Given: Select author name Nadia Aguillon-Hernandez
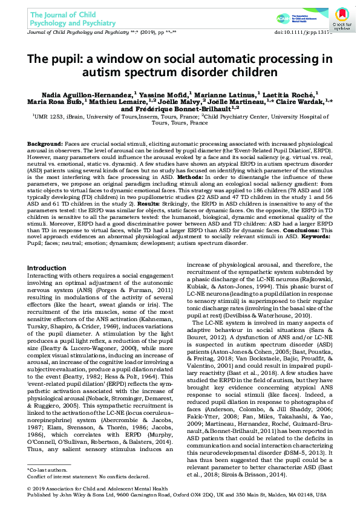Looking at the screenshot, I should (92, 94).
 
